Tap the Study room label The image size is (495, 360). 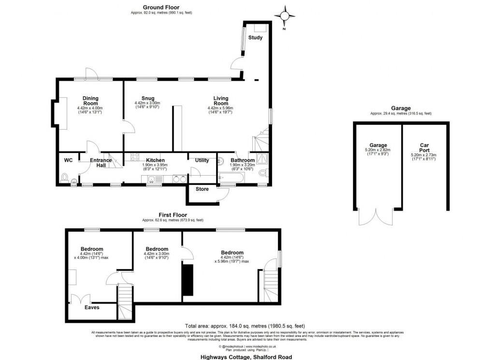pyautogui.click(x=255, y=38)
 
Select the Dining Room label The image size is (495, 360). pyautogui.click(x=90, y=100)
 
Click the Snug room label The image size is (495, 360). pyautogui.click(x=147, y=98)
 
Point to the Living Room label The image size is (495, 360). pyautogui.click(x=221, y=101)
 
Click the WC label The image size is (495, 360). pyautogui.click(x=68, y=160)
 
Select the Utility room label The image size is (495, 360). pyautogui.click(x=202, y=160)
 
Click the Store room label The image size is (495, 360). pyautogui.click(x=202, y=189)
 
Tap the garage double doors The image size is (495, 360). pyautogui.click(x=373, y=217)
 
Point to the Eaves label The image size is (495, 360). pyautogui.click(x=92, y=307)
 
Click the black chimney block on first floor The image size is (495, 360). pyautogui.click(x=187, y=279)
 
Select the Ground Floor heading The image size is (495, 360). pyautogui.click(x=161, y=7)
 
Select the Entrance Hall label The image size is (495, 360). pyautogui.click(x=101, y=163)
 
